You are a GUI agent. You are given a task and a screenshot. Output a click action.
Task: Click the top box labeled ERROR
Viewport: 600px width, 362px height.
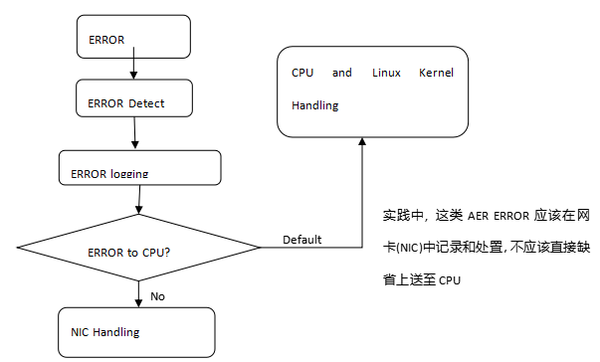pos(133,37)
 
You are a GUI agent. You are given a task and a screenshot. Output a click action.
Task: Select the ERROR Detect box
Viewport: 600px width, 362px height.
pos(134,98)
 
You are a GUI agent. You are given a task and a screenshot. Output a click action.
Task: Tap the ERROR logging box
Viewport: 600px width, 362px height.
pos(140,168)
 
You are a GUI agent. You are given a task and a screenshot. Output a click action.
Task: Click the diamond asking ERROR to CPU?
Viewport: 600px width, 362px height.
pos(138,248)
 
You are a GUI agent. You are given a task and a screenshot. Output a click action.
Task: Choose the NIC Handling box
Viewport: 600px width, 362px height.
pos(136,332)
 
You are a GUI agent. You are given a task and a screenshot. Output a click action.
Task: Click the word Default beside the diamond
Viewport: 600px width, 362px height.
pos(301,240)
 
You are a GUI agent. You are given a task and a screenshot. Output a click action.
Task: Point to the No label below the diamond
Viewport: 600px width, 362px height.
pos(157,296)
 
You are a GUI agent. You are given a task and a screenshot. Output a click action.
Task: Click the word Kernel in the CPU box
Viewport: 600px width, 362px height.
pos(436,73)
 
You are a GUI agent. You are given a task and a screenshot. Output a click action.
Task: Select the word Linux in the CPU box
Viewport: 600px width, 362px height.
pos(386,73)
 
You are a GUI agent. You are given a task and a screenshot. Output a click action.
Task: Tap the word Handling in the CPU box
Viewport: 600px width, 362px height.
pos(314,105)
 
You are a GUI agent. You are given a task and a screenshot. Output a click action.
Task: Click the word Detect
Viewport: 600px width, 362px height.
pos(146,103)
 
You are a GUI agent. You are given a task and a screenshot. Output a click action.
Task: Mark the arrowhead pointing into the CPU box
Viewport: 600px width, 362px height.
pos(362,141)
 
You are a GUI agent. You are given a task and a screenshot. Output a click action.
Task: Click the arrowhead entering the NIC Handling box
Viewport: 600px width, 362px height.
pos(138,303)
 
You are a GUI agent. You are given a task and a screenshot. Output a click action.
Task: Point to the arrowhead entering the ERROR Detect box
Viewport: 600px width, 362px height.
pos(133,76)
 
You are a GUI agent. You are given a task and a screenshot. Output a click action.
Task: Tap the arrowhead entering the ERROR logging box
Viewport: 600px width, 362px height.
pos(135,144)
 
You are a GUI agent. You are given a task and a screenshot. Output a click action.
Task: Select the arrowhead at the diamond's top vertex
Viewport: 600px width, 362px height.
pos(139,210)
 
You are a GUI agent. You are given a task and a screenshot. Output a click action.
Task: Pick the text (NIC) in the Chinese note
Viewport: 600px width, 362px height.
pos(409,248)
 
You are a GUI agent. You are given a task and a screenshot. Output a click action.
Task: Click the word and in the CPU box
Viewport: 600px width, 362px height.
pos(342,73)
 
